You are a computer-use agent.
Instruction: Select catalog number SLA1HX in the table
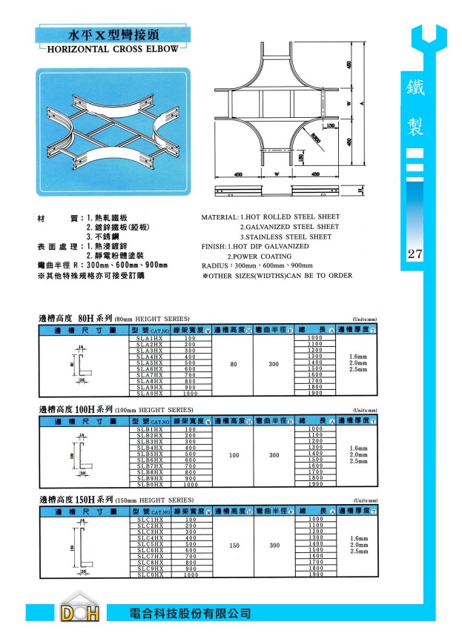coord(150,338)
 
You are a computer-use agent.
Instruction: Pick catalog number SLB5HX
coord(150,454)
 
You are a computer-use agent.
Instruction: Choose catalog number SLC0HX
coord(150,574)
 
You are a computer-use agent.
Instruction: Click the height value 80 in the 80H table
coord(234,365)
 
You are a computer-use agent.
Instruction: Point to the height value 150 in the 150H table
coord(234,546)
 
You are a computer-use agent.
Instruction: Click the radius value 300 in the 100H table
coord(274,455)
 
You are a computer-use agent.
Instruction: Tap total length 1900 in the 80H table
coord(315,393)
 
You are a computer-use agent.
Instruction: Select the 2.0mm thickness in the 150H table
coord(358,545)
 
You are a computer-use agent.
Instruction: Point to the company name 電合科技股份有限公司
coord(189,614)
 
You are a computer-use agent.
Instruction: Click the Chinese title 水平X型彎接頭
coord(112,35)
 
